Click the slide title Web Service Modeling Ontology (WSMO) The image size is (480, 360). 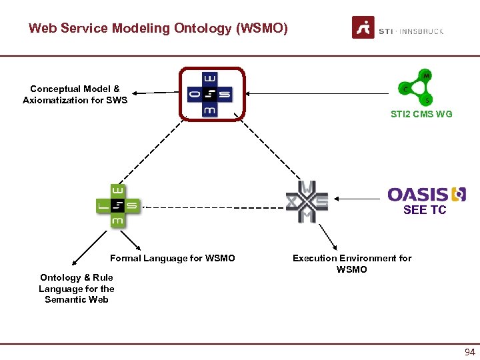point(158,29)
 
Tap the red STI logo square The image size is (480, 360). point(363,28)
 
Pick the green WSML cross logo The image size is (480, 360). point(117,206)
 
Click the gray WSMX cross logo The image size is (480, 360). point(307,201)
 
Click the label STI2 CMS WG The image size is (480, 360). point(421,114)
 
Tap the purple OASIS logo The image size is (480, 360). point(426,194)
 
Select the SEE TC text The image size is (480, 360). point(425,210)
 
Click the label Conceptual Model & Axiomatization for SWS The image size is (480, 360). point(75,94)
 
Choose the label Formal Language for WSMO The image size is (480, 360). point(173,258)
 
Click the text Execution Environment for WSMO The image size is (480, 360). point(352,263)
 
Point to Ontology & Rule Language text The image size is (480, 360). point(76,288)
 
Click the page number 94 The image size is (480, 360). point(470,352)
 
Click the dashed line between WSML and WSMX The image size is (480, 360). point(213,207)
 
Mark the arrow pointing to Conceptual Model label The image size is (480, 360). point(157,93)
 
